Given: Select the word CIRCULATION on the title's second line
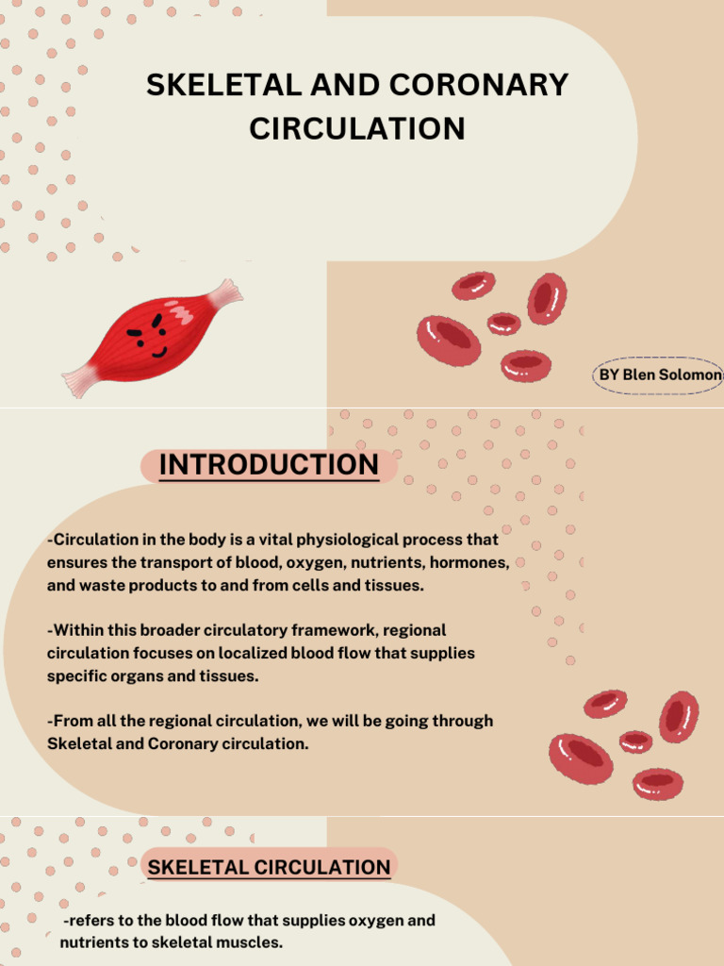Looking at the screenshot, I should coord(357,128).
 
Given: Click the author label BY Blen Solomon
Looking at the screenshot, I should coord(661,375).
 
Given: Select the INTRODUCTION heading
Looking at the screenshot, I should coord(269,465).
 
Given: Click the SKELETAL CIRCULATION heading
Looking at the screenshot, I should coord(269,868).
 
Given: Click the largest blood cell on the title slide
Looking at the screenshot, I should coord(449,341).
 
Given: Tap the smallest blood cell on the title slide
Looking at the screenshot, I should coord(503,324).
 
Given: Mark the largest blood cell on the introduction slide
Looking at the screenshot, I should coord(581,758).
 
